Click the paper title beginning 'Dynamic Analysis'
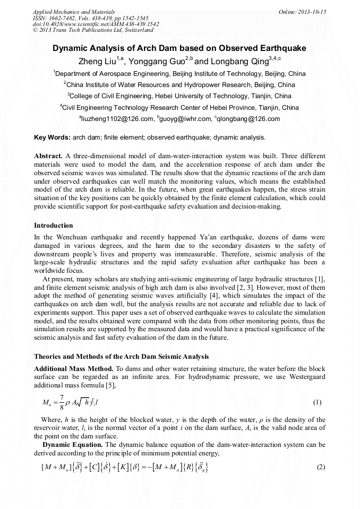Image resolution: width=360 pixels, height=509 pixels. [x=179, y=48]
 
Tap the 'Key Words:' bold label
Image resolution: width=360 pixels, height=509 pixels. [x=52, y=137]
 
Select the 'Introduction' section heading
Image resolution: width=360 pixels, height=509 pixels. [x=53, y=226]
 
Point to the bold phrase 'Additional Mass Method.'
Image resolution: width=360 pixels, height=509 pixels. [x=73, y=368]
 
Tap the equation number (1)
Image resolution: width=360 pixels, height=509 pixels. [x=317, y=402]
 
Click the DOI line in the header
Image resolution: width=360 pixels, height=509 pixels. [x=96, y=24]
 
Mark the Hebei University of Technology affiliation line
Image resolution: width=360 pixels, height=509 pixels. [x=179, y=96]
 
